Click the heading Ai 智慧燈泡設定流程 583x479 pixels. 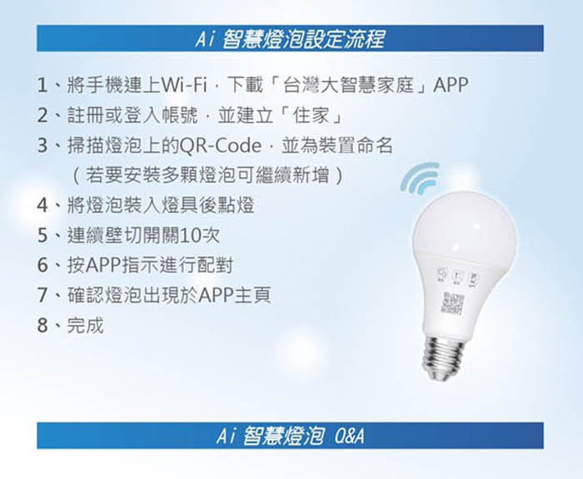click(290, 39)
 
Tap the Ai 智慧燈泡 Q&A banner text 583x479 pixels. click(290, 436)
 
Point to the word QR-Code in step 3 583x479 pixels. click(220, 146)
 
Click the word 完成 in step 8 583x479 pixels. click(85, 325)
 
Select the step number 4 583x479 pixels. click(42, 205)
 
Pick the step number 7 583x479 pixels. click(42, 295)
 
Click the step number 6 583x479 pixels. click(42, 265)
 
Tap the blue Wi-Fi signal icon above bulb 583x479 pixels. click(420, 179)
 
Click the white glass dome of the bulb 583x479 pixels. click(465, 224)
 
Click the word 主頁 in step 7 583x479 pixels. click(252, 295)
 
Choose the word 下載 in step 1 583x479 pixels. click(245, 86)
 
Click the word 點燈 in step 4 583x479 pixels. click(236, 205)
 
